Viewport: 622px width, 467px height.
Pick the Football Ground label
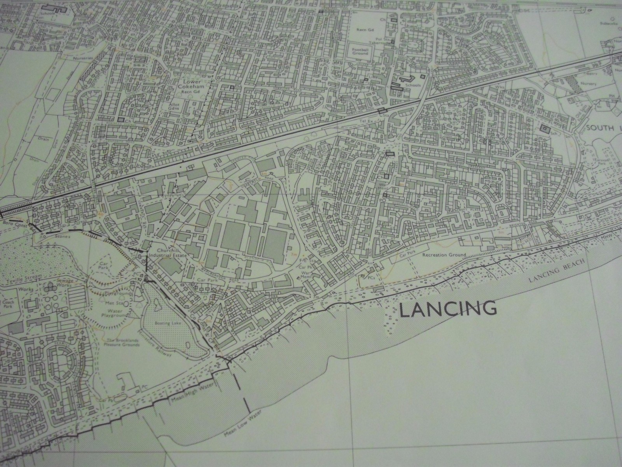[360, 52]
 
